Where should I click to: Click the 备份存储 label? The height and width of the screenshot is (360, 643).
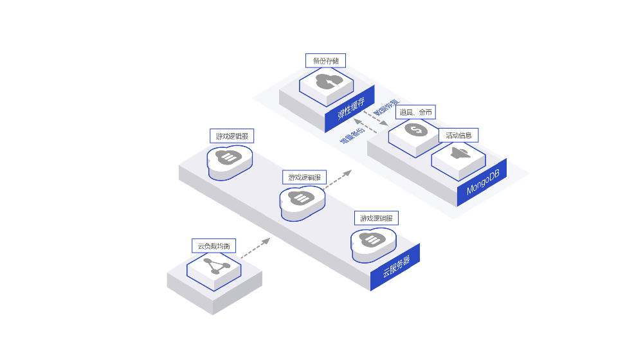(325, 61)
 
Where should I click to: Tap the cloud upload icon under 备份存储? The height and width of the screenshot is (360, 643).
(327, 82)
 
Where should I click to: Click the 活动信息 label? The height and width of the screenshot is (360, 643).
(459, 136)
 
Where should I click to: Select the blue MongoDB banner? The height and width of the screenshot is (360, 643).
(482, 183)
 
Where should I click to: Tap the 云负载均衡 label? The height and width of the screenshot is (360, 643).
(213, 246)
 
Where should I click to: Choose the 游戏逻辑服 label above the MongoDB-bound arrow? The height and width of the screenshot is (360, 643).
(305, 177)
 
